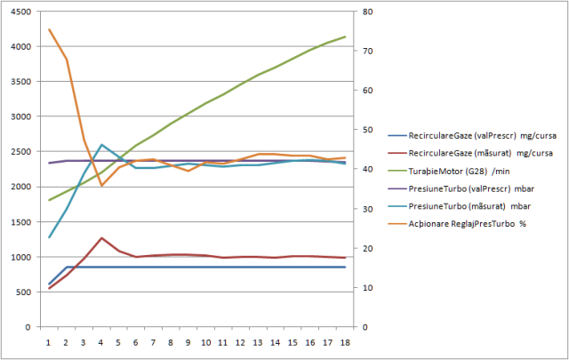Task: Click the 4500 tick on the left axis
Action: click(x=20, y=12)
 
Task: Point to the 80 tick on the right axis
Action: click(x=363, y=12)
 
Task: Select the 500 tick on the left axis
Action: click(x=23, y=292)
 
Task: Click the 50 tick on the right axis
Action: click(x=363, y=130)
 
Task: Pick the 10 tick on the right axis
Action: click(x=363, y=288)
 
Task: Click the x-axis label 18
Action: click(x=343, y=341)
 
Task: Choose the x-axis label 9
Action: click(x=188, y=341)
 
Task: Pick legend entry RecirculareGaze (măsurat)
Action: click(x=461, y=152)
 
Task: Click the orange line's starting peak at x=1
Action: click(x=50, y=29)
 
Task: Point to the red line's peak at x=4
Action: click(x=102, y=238)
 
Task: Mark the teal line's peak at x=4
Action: click(x=102, y=144)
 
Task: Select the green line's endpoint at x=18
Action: click(x=344, y=36)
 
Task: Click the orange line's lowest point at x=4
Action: click(x=102, y=185)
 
